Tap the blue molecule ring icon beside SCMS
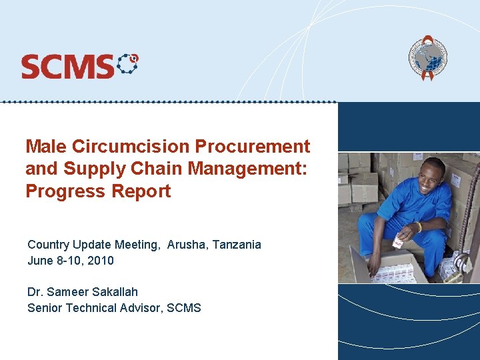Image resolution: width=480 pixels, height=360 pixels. (127, 65)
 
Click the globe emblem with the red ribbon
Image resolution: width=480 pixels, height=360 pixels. (427, 59)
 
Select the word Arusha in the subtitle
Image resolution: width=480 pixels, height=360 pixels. (187, 245)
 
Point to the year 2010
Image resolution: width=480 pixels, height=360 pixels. (101, 261)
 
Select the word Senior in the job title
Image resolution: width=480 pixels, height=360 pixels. (44, 308)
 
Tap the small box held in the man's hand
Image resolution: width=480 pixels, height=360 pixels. (400, 242)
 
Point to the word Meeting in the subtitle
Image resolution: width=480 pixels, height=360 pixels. (137, 245)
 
